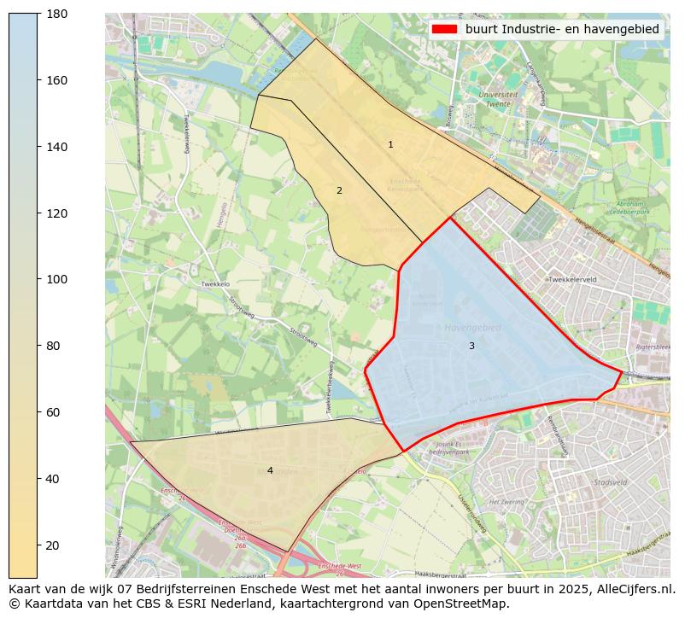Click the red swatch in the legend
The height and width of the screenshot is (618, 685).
coord(445,29)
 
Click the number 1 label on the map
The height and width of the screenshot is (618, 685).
coord(390,145)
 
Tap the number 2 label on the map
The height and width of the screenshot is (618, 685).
coord(339,191)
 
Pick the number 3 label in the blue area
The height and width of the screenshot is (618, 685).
coord(471,347)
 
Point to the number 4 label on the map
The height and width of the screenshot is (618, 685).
coord(270,471)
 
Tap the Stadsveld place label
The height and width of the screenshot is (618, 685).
coord(610,482)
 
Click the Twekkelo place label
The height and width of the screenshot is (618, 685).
coord(215,283)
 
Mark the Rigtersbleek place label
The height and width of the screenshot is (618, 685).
coord(654,347)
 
